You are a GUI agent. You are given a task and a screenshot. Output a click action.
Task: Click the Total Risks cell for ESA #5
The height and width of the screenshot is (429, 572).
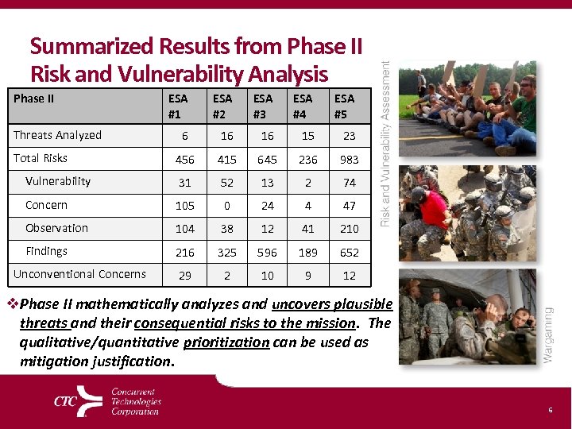[x=349, y=160]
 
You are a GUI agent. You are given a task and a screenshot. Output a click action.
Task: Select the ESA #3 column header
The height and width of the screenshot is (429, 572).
[x=262, y=106]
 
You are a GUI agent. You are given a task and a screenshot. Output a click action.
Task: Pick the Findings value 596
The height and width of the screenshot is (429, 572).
[x=268, y=253]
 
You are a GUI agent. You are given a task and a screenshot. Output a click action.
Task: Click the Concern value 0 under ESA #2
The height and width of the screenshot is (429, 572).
[x=226, y=206]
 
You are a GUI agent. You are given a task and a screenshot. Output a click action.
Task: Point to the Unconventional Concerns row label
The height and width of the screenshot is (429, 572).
[x=79, y=274]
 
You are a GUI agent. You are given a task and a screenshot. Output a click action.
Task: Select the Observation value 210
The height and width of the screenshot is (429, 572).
[x=349, y=229]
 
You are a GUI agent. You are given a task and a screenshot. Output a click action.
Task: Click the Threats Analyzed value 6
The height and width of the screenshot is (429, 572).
[x=184, y=137]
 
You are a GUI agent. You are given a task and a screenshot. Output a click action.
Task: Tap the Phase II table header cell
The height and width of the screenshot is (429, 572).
[x=34, y=99]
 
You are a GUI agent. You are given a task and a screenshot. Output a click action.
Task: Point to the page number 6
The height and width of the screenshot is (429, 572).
[x=549, y=409]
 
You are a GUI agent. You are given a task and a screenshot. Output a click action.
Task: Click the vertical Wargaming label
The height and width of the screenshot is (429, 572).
[x=547, y=334]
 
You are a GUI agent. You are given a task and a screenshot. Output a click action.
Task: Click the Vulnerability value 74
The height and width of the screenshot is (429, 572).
[x=349, y=183]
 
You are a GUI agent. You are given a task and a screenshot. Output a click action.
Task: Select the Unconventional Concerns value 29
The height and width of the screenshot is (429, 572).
[x=184, y=276]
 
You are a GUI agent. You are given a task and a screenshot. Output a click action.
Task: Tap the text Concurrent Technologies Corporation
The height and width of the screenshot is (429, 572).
[x=136, y=402]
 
